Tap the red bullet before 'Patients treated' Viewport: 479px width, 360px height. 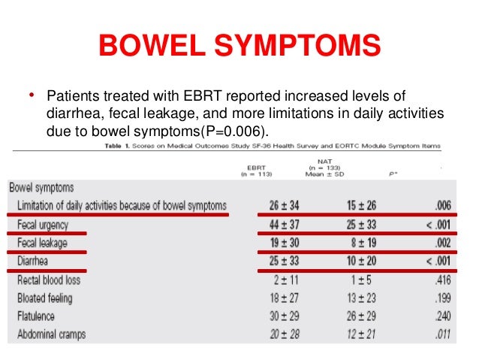(32, 95)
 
